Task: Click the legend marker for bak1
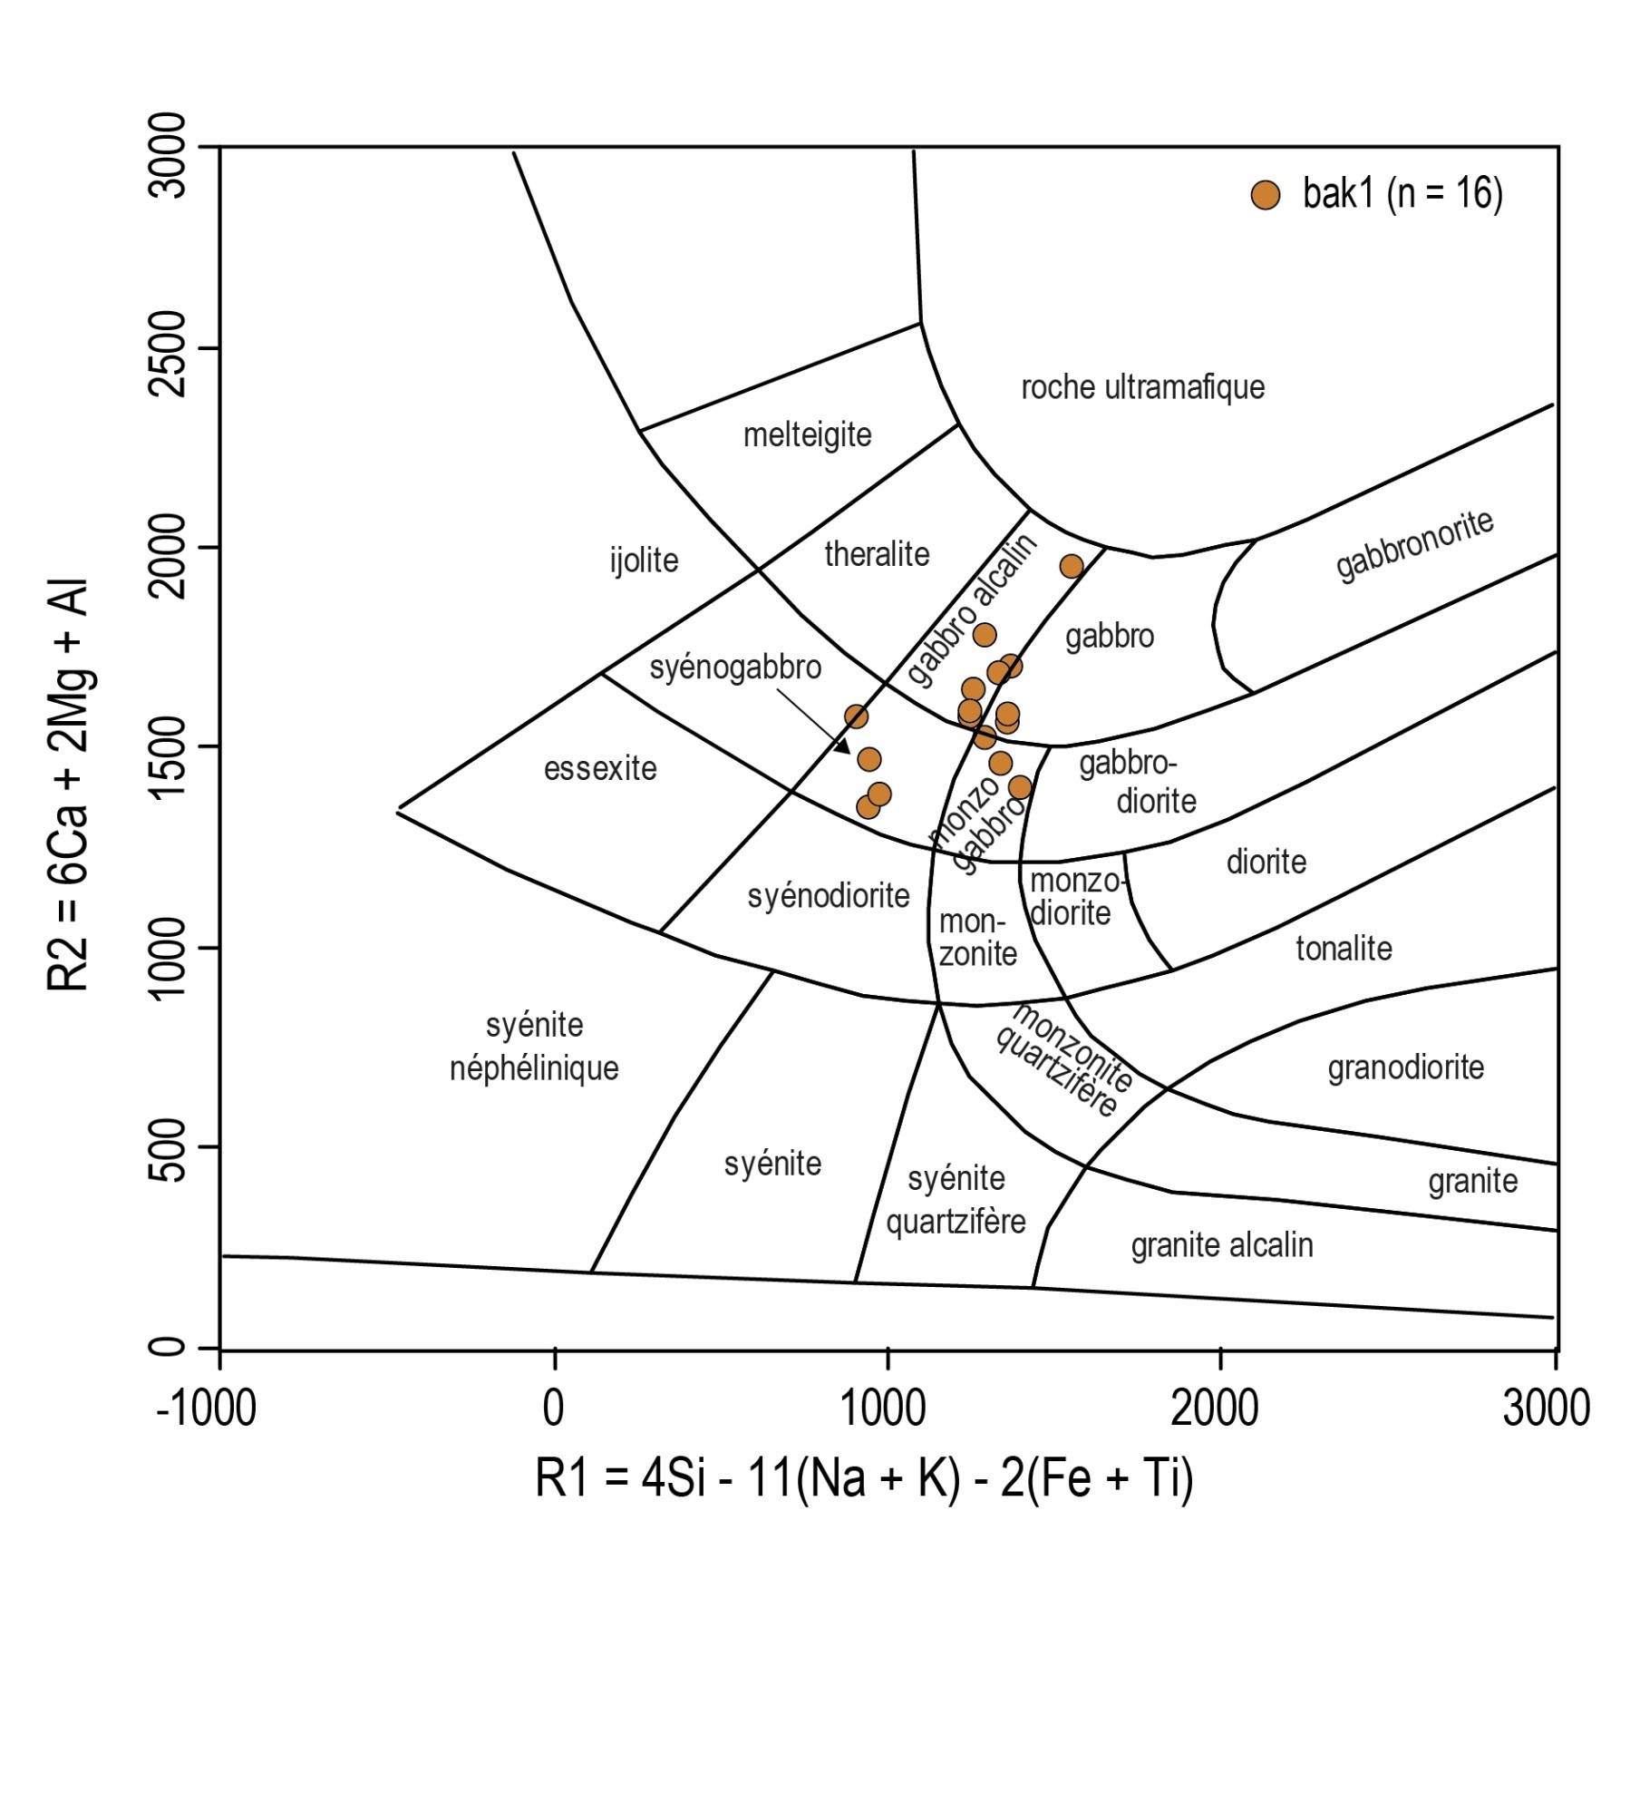(x=1265, y=195)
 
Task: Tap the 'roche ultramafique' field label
(x=1142, y=387)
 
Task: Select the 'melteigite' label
(x=807, y=435)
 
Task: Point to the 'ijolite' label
(x=644, y=560)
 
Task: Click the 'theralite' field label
(x=877, y=553)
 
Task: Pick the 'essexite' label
(x=600, y=769)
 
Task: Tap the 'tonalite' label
(x=1344, y=949)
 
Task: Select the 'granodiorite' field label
(x=1405, y=1067)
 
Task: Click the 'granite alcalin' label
(x=1221, y=1245)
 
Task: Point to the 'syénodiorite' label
(x=828, y=896)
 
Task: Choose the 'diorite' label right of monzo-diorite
(x=1266, y=862)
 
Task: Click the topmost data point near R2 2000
(x=1072, y=566)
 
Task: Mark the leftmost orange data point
(x=856, y=716)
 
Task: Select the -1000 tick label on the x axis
(x=206, y=1409)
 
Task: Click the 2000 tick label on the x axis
(x=1214, y=1409)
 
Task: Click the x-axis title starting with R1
(x=864, y=1478)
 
